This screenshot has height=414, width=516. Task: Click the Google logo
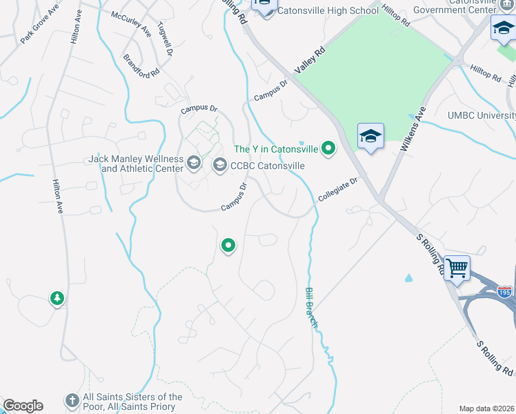23,406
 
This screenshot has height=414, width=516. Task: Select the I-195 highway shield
505,292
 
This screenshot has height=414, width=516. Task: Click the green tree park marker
57,299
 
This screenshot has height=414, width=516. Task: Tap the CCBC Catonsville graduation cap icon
219,164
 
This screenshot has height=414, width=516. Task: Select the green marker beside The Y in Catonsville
329,147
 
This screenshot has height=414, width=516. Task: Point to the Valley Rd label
309,61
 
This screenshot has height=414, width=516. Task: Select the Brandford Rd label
142,65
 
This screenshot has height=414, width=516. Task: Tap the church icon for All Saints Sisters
72,400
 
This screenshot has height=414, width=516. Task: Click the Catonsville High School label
329,11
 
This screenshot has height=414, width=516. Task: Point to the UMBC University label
481,115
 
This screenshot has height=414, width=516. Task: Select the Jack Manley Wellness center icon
194,163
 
